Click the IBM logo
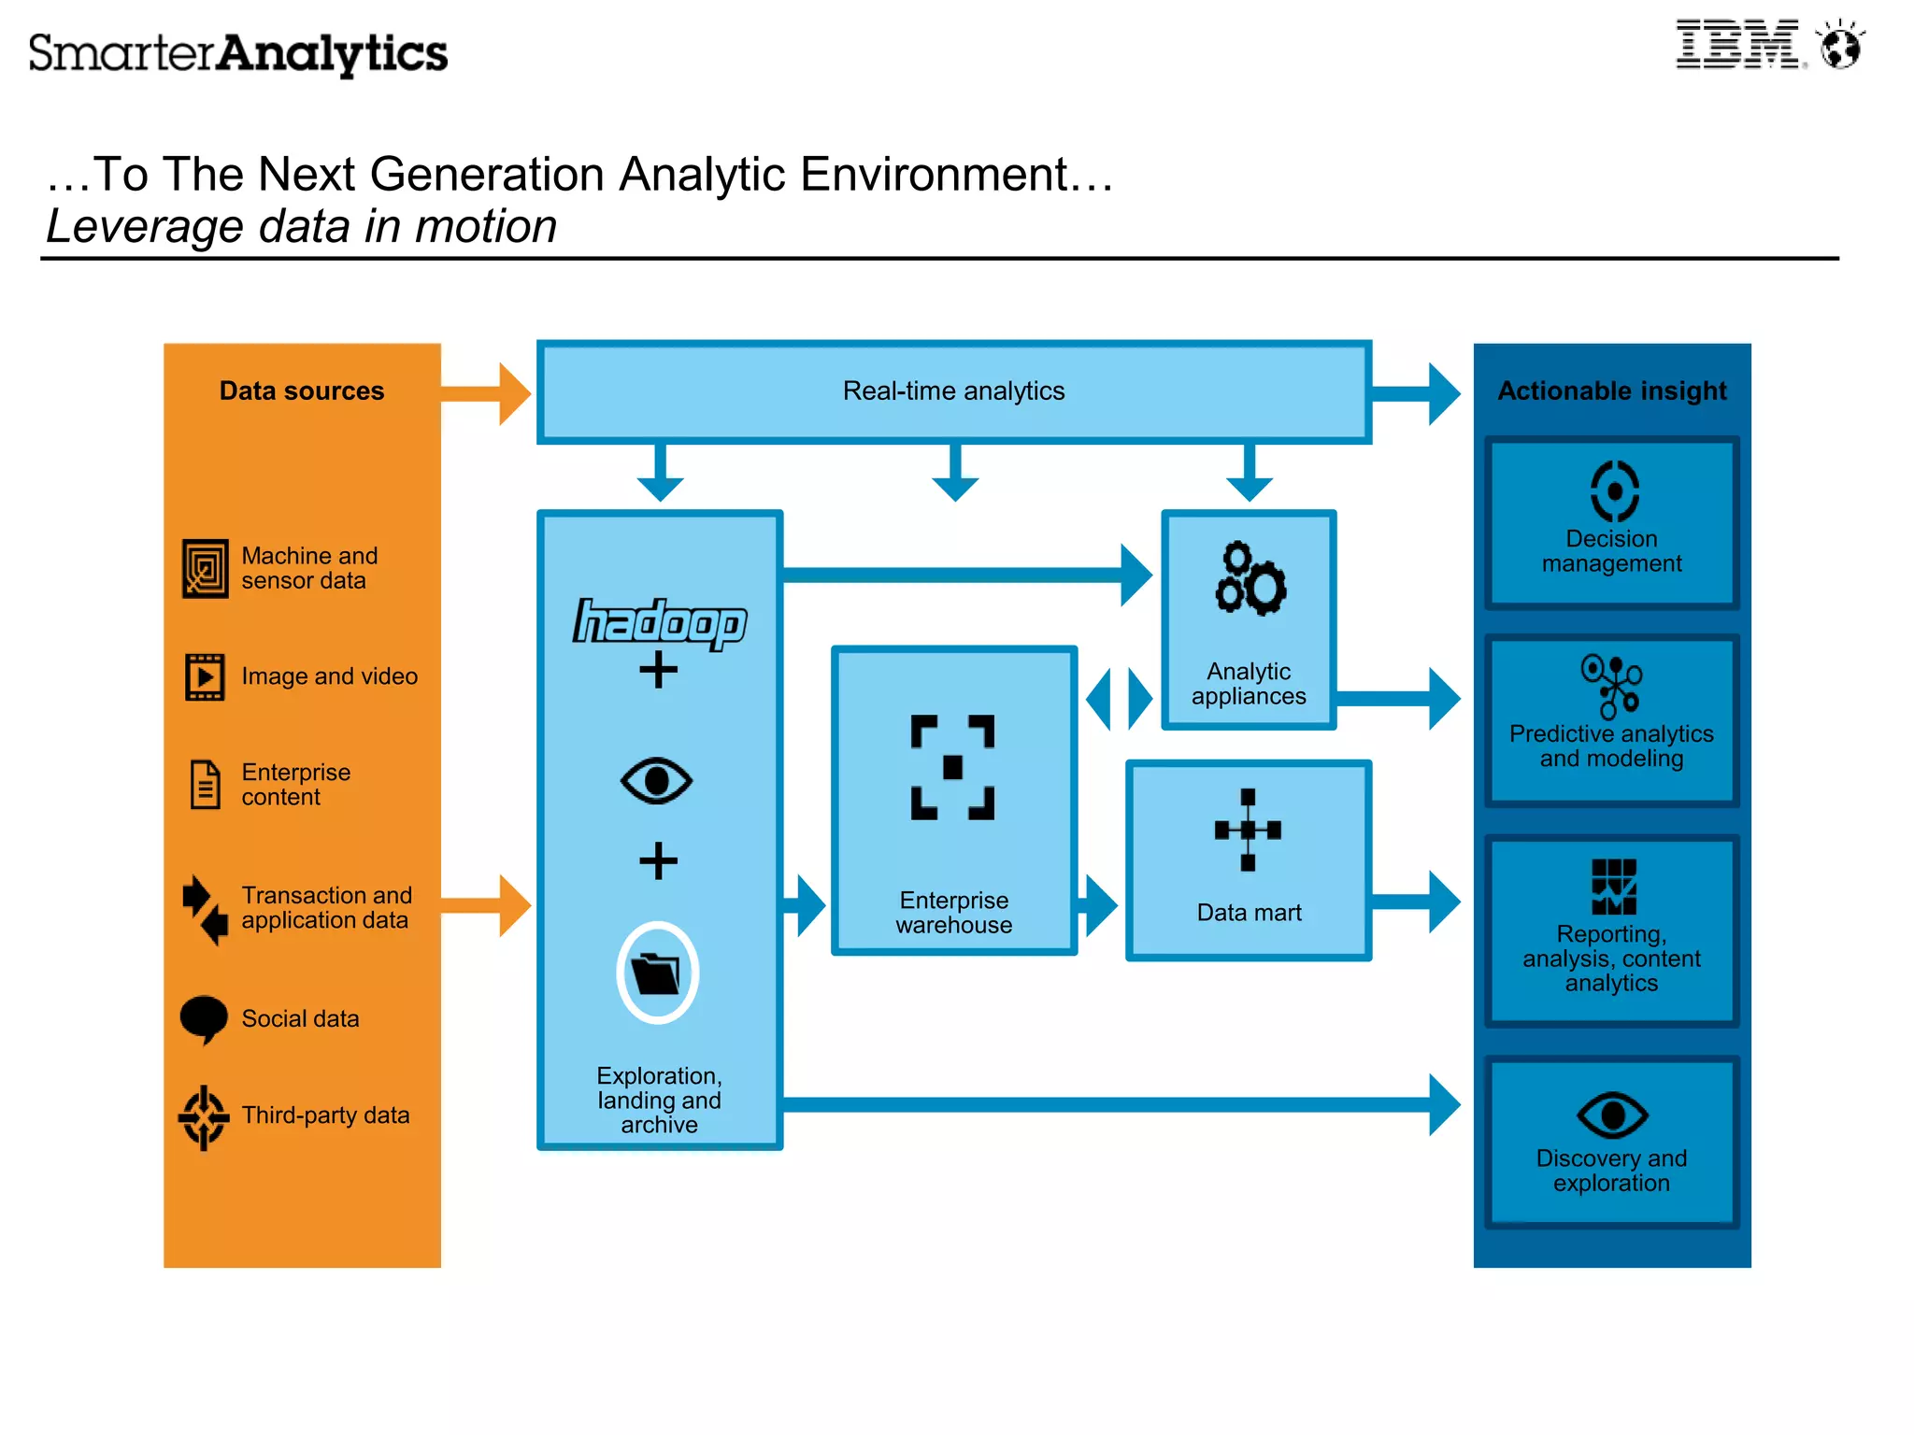(x=1736, y=44)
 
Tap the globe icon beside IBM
(x=1840, y=46)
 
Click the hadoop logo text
(x=660, y=622)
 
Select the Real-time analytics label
(x=953, y=391)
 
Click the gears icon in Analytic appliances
(x=1250, y=578)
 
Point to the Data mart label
(x=1249, y=912)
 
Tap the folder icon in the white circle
(x=657, y=973)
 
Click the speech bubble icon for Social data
(x=204, y=1018)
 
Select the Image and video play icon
(x=205, y=676)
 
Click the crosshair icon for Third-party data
(x=204, y=1116)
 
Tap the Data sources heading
(x=301, y=391)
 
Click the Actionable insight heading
(x=1611, y=391)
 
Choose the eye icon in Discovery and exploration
(x=1611, y=1115)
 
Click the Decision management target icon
(x=1614, y=490)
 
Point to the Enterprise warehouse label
(x=953, y=912)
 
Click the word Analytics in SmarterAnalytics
(x=332, y=54)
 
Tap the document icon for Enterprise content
(x=205, y=784)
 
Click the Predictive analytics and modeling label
(x=1611, y=746)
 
